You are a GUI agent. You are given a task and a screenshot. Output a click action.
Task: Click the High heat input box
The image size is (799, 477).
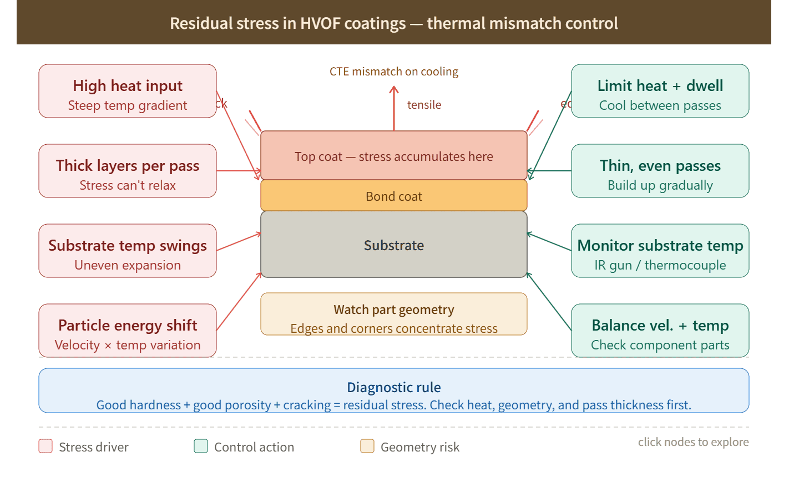[128, 92]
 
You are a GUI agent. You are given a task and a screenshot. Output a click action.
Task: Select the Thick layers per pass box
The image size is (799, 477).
[128, 171]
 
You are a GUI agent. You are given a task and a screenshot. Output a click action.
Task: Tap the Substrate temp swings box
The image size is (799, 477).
[128, 251]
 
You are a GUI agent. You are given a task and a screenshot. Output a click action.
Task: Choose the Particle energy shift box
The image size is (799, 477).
[128, 331]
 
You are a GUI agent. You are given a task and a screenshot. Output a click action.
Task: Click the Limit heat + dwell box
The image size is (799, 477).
[660, 92]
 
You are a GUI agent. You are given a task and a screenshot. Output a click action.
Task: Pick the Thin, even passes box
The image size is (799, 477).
[660, 171]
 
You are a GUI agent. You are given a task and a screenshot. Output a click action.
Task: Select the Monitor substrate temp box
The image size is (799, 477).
[660, 251]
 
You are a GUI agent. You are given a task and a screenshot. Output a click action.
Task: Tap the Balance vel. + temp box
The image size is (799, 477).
[660, 331]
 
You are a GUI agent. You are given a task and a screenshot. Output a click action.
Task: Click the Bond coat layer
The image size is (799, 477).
[394, 196]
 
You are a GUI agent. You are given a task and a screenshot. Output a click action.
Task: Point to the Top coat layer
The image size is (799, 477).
[394, 156]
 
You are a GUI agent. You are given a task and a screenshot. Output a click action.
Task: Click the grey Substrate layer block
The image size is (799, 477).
[394, 245]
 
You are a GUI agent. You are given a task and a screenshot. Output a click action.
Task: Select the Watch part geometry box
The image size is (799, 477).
[394, 314]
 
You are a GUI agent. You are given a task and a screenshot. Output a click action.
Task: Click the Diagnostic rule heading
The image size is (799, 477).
[394, 387]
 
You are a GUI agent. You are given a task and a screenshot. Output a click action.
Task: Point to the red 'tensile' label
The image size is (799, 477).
[424, 105]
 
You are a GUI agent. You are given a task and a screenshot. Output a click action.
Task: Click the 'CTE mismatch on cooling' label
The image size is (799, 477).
[394, 72]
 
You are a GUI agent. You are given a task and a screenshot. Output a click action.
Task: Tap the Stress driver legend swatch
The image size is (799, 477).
[45, 446]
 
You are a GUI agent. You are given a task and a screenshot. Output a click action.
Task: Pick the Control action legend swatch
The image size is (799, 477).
[201, 446]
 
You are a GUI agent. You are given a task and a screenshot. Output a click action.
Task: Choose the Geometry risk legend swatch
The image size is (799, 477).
[367, 446]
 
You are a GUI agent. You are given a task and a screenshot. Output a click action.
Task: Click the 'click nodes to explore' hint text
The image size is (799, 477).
[693, 442]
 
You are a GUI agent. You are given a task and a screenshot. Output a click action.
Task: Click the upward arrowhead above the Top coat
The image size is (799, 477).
[394, 89]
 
